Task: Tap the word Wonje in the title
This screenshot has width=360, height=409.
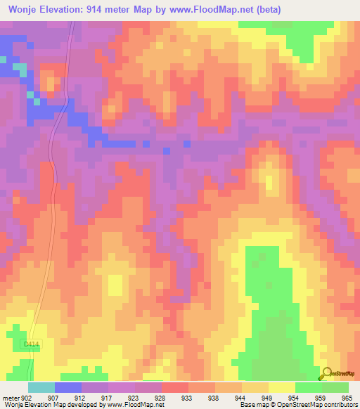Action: (25, 10)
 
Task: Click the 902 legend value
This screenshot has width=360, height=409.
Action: (27, 397)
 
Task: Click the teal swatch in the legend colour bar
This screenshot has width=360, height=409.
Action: (41, 387)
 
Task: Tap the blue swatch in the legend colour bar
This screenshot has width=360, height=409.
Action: (68, 387)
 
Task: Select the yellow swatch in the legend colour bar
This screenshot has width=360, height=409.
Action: (281, 387)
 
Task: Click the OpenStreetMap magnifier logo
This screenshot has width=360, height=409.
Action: (326, 374)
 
